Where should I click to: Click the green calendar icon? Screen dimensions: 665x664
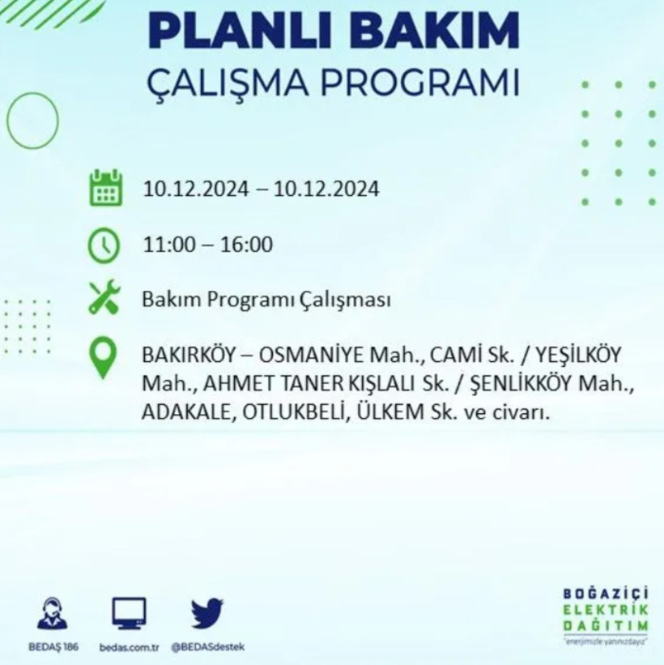[x=105, y=188]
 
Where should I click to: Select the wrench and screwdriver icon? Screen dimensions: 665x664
[x=105, y=297]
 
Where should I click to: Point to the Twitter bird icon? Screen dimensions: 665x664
[x=206, y=613]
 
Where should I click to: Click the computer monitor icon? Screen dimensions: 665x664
[x=129, y=614]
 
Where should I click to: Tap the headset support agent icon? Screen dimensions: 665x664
[x=53, y=613]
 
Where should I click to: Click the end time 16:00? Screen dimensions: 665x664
[x=249, y=245]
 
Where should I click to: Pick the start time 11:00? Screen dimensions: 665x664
[x=167, y=245]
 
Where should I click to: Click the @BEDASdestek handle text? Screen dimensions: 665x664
[x=206, y=646]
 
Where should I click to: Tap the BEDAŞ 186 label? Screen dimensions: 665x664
[x=53, y=646]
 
